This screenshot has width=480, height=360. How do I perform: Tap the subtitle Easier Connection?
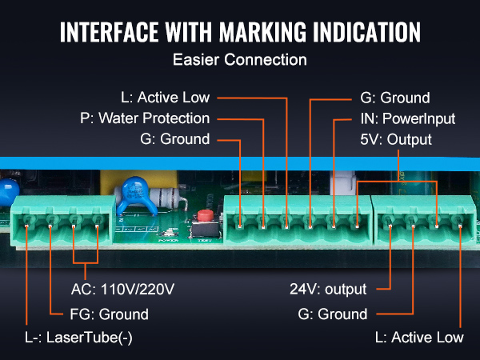click(x=240, y=59)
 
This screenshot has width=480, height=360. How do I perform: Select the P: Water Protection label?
click(x=145, y=118)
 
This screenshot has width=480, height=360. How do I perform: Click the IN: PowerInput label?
click(x=408, y=118)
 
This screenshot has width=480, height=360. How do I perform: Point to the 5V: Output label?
click(x=396, y=139)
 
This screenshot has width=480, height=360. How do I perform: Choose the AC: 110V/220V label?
click(x=122, y=289)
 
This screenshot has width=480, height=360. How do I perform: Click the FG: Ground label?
click(x=110, y=314)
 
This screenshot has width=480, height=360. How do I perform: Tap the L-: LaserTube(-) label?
click(x=78, y=338)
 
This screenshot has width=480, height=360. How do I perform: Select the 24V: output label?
click(x=328, y=289)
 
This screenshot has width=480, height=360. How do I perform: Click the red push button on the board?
click(x=205, y=215)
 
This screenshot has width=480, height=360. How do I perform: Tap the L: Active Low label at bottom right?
click(x=419, y=338)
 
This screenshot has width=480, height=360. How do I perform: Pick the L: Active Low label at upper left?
click(x=166, y=98)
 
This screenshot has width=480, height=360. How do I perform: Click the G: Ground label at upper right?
click(x=395, y=98)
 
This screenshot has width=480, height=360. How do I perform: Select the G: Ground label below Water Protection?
click(x=175, y=139)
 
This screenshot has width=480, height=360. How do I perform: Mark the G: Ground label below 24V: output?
click(x=333, y=314)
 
